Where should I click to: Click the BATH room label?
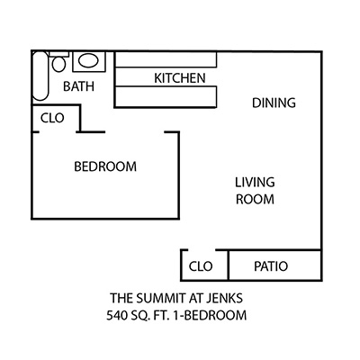pos(78,86)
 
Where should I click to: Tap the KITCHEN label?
pos(180,78)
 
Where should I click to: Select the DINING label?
pos(274,103)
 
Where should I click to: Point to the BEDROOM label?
pos(105,166)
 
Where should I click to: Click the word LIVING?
pos(255,183)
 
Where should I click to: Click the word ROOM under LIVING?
pos(255,200)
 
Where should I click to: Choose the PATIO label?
pos(271,266)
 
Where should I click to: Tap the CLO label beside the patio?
pos(201,266)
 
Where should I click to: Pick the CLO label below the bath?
pos(52,118)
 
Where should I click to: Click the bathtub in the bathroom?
pos(40,76)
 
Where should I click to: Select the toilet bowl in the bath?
pos(58,64)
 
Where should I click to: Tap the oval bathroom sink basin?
pos(88,60)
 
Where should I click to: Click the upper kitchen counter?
pos(166,59)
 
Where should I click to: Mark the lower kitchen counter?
pos(166,96)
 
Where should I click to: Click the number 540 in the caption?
pos(117,315)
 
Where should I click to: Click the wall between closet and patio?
pos(229,265)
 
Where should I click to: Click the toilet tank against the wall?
pos(58,54)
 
